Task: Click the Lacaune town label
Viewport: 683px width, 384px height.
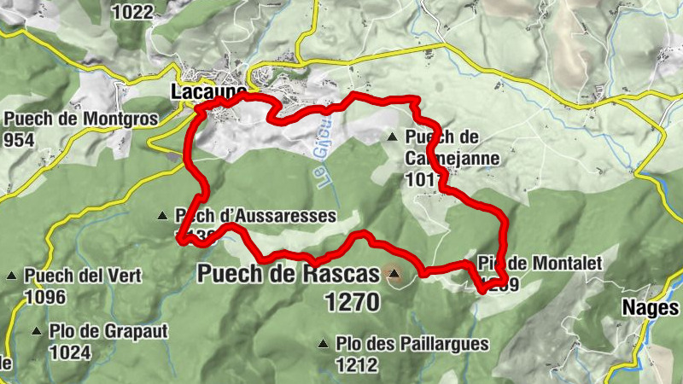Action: tap(208, 91)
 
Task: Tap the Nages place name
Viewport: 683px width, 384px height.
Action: tap(651, 308)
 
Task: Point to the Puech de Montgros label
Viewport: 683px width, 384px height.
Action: tap(81, 119)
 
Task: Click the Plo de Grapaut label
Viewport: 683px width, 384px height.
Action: tap(108, 331)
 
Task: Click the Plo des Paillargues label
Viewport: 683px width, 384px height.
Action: tap(412, 344)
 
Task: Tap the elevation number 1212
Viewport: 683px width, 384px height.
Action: tap(356, 364)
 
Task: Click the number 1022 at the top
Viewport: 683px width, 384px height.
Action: tap(132, 11)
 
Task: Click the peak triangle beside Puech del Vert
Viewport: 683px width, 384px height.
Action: tap(11, 276)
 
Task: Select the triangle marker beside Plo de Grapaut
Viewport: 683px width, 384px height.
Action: tap(37, 331)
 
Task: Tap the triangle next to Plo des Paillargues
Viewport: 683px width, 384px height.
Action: tap(323, 344)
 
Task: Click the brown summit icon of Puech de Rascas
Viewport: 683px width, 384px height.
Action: tap(393, 274)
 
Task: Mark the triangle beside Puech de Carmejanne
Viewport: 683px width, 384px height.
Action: tap(392, 137)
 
